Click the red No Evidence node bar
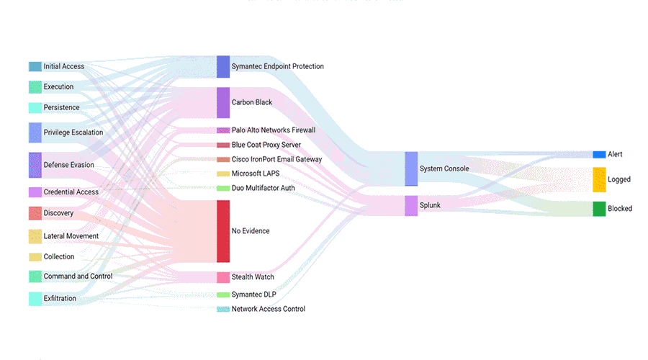[223, 231]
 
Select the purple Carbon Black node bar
[223, 102]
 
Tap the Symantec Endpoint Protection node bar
[223, 66]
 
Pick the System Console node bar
[411, 168]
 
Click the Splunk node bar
[411, 205]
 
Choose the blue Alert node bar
[599, 154]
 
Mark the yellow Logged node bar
[599, 179]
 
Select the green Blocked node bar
[599, 209]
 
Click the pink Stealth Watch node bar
[223, 277]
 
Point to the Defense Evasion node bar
[35, 165]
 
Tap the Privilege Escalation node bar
[35, 132]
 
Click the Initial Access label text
[63, 66]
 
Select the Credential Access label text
[71, 192]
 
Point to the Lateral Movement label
[71, 236]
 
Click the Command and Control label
[78, 276]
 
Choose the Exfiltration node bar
[35, 298]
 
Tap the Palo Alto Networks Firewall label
[273, 130]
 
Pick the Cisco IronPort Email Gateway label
[276, 159]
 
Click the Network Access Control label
[268, 309]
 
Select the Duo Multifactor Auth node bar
[223, 188]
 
